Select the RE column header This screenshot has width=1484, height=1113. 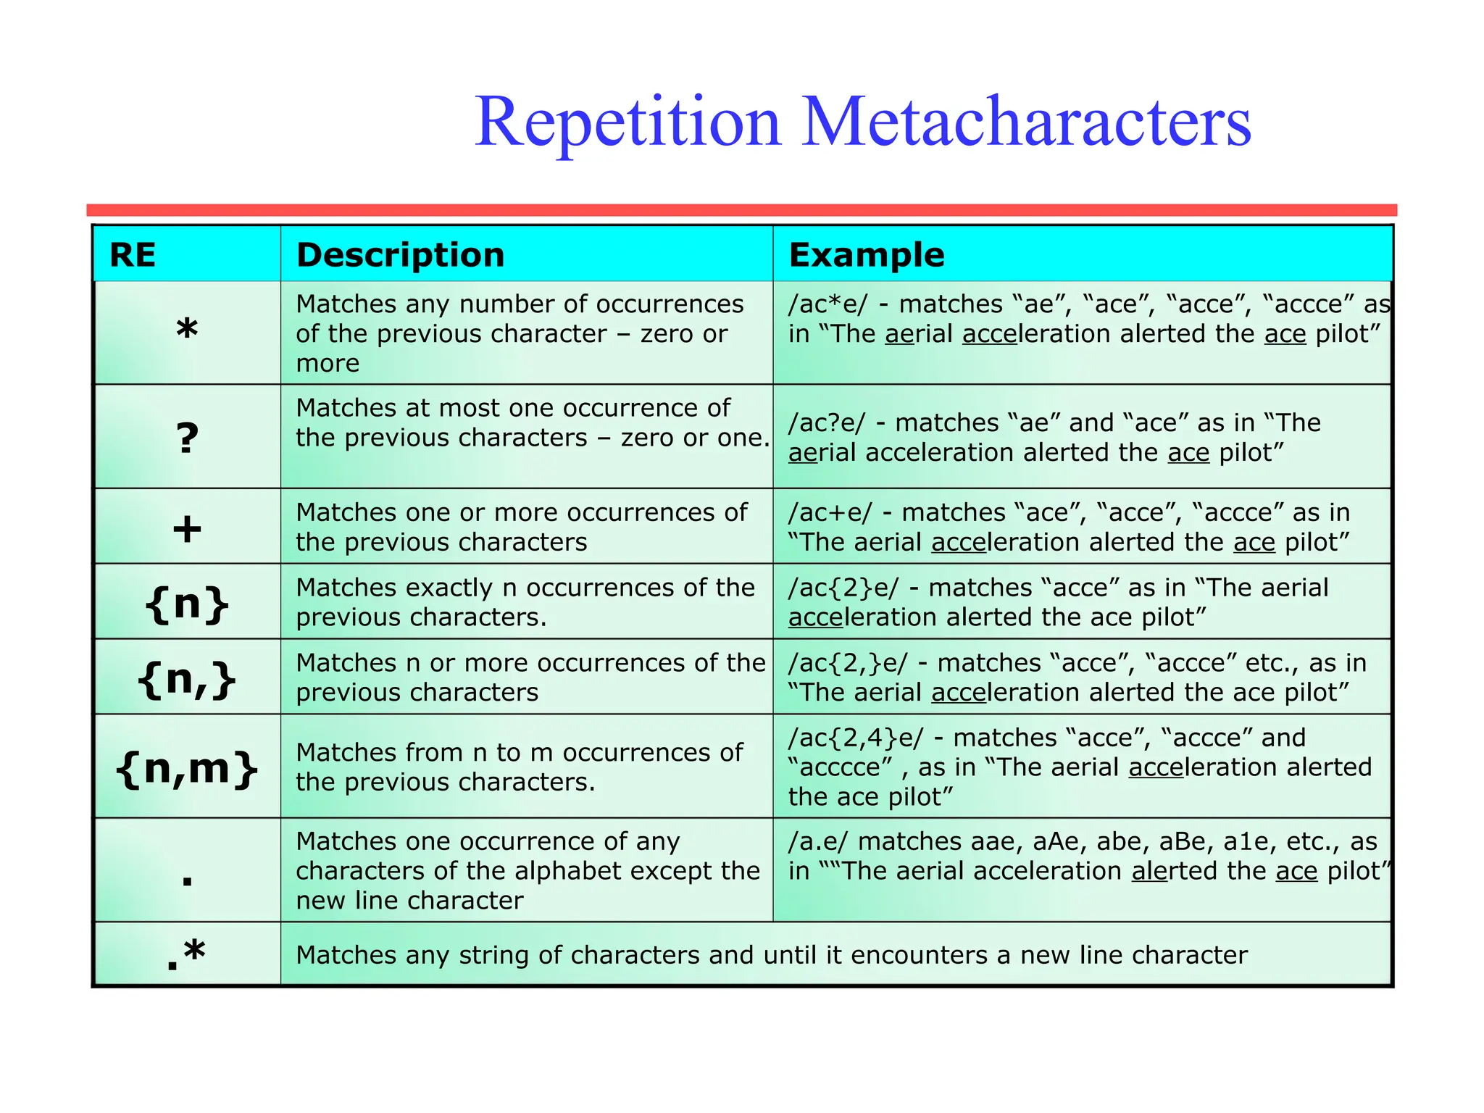click(x=133, y=255)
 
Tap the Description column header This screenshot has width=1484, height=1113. click(x=400, y=255)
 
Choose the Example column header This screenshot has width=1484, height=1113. click(x=866, y=255)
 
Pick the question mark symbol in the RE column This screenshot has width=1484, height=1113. click(x=187, y=438)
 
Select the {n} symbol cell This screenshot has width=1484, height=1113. click(x=187, y=603)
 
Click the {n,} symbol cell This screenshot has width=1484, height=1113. click(x=187, y=679)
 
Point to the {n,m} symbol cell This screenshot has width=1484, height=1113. click(x=187, y=767)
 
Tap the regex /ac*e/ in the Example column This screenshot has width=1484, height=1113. click(x=827, y=304)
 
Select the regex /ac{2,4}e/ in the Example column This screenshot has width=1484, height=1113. click(x=856, y=738)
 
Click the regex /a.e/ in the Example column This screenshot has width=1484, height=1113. click(x=818, y=841)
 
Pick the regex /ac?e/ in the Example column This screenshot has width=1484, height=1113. click(x=826, y=422)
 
